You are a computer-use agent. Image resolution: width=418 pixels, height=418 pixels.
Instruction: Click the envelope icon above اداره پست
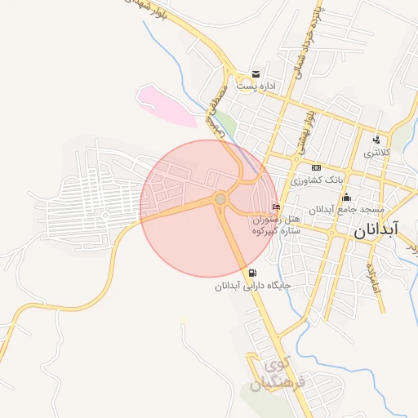[256, 74]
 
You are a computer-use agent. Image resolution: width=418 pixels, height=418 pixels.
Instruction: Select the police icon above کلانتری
[376, 140]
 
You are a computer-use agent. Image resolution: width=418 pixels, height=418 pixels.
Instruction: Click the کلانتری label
[377, 153]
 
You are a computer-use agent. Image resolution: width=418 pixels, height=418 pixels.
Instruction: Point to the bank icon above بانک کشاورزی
[316, 167]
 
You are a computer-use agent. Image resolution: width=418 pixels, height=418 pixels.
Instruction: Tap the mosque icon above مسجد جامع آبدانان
[347, 197]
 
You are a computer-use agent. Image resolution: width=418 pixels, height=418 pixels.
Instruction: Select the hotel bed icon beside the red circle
[276, 207]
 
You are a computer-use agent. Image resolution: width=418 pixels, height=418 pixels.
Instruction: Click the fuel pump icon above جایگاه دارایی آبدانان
[252, 273]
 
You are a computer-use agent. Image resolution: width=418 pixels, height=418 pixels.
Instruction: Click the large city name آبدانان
[376, 231]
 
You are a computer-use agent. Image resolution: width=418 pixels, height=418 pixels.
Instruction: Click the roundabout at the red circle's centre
[220, 199]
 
